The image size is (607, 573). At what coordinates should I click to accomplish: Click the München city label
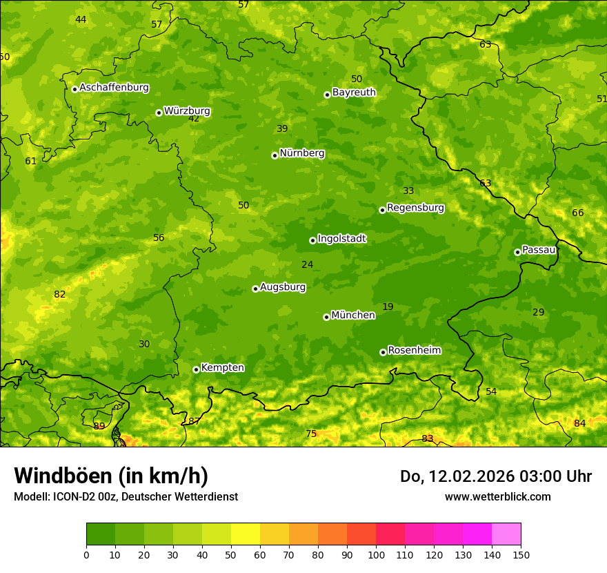tap(353, 315)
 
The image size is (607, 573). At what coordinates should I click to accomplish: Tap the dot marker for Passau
tap(517, 252)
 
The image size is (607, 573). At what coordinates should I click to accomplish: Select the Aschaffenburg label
tap(114, 88)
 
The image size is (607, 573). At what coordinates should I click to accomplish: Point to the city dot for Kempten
tap(196, 369)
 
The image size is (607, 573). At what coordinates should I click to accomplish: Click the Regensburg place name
tap(415, 208)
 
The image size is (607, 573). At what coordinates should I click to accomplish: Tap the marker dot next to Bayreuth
tap(327, 95)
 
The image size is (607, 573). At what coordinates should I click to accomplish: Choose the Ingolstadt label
tap(341, 239)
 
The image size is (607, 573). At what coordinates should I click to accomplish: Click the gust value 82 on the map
tap(60, 295)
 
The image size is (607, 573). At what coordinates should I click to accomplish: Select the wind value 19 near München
tap(388, 307)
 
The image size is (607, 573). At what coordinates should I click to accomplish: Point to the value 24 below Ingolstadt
tap(307, 264)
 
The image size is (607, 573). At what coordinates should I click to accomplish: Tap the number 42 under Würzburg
tap(194, 119)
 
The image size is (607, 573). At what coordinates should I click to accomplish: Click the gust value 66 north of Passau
tap(577, 213)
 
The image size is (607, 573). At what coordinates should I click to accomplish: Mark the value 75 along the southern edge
tap(311, 434)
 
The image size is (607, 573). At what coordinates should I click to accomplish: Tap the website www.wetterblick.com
tap(497, 496)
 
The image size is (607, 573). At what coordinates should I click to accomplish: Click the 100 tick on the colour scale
tap(376, 554)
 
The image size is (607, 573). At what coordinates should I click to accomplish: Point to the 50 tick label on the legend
tap(231, 554)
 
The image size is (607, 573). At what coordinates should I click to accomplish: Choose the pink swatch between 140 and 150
tap(506, 534)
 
